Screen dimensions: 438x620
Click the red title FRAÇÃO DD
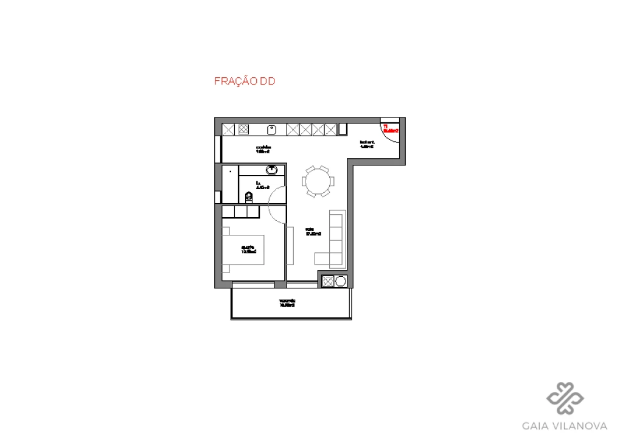click(245, 81)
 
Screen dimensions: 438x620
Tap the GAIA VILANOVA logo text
click(565, 425)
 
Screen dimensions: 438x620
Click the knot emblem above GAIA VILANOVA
click(565, 398)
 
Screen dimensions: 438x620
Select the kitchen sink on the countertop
click(272, 129)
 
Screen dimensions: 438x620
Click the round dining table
click(318, 181)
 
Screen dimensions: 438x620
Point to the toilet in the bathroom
click(248, 196)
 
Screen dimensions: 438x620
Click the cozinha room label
click(263, 150)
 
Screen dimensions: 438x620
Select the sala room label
click(313, 232)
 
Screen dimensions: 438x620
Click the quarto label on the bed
click(248, 249)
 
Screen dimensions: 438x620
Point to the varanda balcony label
click(287, 303)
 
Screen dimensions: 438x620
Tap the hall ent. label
click(366, 144)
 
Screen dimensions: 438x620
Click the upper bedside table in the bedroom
click(225, 231)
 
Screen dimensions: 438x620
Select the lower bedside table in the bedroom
click(225, 268)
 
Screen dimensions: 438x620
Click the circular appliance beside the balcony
click(340, 281)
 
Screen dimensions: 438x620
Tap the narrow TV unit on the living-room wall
click(290, 245)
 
